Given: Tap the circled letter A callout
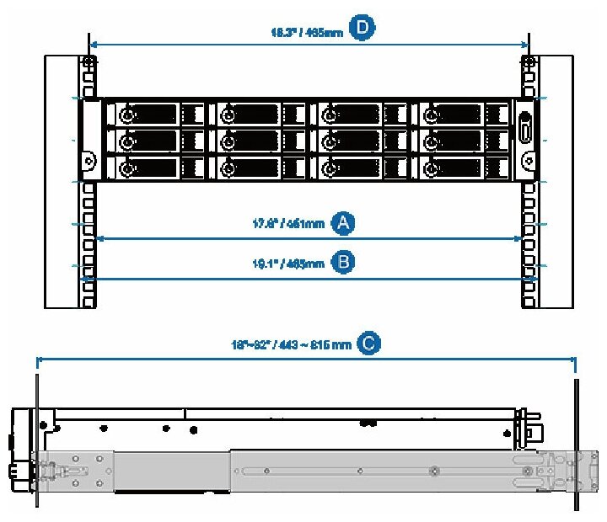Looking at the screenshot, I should [x=341, y=223].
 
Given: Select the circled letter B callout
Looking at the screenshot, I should [x=342, y=263].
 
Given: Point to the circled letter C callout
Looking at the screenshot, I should [x=368, y=343].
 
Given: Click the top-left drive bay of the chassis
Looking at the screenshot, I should [x=155, y=114].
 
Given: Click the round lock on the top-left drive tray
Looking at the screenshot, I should [x=126, y=115].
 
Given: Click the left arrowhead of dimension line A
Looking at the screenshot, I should [x=99, y=239].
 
